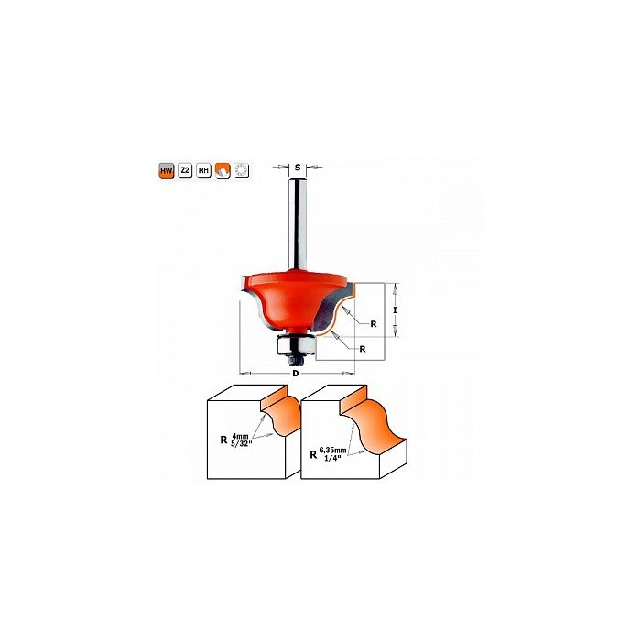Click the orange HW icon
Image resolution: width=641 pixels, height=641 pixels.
[167, 170]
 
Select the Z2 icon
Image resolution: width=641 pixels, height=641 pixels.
[185, 170]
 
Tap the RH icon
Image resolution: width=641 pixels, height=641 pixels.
[203, 170]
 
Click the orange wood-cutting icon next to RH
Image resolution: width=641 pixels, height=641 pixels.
[223, 170]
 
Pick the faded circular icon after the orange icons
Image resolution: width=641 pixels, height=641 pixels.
[241, 170]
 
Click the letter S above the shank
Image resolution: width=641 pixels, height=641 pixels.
[298, 167]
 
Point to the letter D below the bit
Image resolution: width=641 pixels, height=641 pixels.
[296, 374]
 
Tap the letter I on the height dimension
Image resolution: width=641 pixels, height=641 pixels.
[395, 310]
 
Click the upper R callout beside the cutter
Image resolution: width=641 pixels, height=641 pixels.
[374, 324]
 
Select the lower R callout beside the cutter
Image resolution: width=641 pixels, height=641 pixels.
[363, 349]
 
